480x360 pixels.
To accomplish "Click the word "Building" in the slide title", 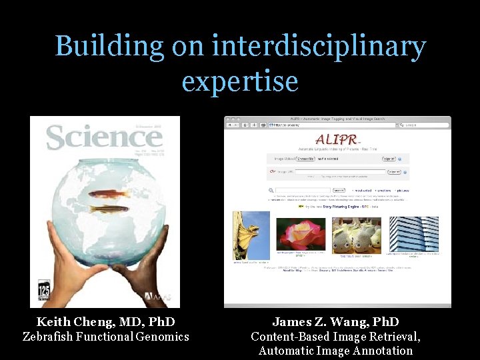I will coord(109,47).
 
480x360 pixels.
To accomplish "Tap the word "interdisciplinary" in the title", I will coord(319,47).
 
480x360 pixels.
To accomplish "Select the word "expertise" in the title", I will coord(240,81).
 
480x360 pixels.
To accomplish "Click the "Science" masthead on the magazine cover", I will coord(104,137).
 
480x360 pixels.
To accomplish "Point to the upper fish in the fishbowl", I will coord(109,194).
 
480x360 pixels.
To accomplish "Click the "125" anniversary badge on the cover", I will coord(44,292).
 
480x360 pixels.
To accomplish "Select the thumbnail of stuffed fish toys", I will coord(356,233).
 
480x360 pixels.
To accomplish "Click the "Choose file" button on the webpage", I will coord(306,159).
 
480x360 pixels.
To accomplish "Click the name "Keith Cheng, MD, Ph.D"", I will coord(106,322).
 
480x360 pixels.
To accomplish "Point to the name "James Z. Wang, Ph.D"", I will coord(335,322).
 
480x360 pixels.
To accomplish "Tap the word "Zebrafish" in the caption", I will coord(47,337).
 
